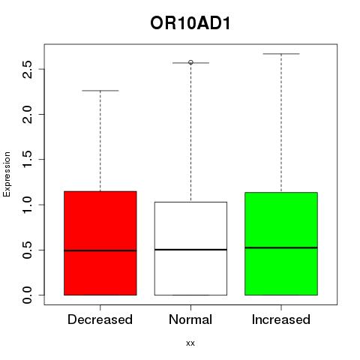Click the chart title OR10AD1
tap(190, 23)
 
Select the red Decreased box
tap(100, 243)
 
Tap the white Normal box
tap(190, 248)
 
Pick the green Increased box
tap(281, 244)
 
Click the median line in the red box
tap(100, 250)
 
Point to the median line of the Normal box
tap(190, 250)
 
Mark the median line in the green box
tap(281, 247)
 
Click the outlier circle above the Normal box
tap(190, 62)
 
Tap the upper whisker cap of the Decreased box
tap(100, 91)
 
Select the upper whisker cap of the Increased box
tap(281, 54)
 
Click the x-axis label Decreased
tap(100, 319)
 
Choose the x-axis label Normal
tap(190, 319)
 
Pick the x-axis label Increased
tap(281, 319)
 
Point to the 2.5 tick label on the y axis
tap(27, 69)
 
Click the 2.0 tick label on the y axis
tap(27, 114)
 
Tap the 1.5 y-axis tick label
tap(27, 159)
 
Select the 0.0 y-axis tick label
tap(27, 295)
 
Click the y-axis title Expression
tap(7, 174)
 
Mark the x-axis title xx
tap(190, 343)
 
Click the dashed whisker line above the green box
tap(281, 123)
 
